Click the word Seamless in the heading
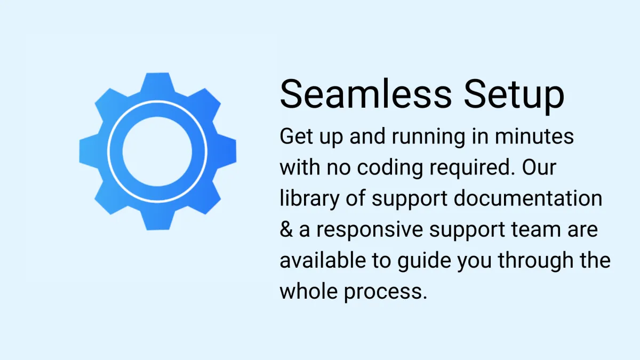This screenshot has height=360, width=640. coord(366,93)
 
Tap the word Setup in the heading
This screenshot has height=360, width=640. coord(514,95)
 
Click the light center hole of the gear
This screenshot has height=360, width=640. coord(157,151)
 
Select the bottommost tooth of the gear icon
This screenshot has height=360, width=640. coord(157,219)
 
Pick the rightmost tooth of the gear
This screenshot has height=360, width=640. coord(226,151)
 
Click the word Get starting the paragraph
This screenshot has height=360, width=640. coord(297,137)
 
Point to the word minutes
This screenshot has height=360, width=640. coord(534,137)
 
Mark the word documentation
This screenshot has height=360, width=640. coord(528,198)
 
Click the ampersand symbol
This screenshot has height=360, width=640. coord(286,230)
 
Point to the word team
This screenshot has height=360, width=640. coord(536,229)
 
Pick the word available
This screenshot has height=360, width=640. coord(323,260)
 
